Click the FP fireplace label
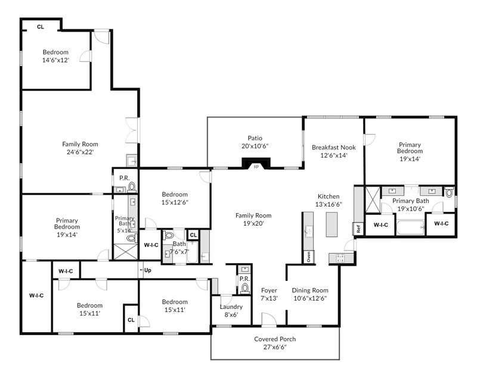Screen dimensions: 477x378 coord(256,167)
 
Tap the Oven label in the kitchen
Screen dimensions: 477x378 coord(309,257)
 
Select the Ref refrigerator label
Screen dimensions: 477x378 coord(358,229)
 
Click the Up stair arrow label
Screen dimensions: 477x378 coord(147,270)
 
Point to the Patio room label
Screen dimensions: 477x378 coord(255,138)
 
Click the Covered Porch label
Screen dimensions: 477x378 coord(275,339)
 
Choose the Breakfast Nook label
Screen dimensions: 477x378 coord(334,148)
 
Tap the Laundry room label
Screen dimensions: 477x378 coord(231,307)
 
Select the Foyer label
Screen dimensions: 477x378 coord(270,290)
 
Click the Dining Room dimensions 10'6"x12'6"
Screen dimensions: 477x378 coord(310,298)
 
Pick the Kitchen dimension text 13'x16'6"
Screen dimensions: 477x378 coord(329,204)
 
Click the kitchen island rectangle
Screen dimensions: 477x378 coord(332,224)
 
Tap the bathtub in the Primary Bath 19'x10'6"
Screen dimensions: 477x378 coord(410,227)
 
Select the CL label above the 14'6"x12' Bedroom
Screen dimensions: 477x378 coord(41,27)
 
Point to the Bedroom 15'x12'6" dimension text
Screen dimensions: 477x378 coord(175,202)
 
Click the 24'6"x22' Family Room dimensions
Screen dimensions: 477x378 coord(80,152)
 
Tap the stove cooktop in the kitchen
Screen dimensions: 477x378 coord(340,258)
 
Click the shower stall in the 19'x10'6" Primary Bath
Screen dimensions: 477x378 coord(373,200)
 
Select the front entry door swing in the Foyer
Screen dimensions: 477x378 coord(270,320)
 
